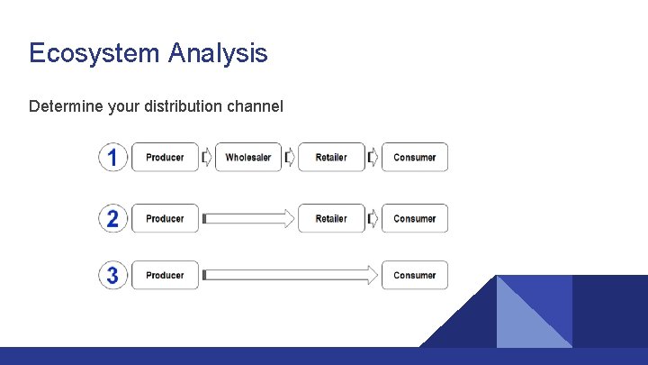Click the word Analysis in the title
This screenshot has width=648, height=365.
pyautogui.click(x=217, y=53)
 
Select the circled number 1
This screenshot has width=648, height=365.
pyautogui.click(x=112, y=158)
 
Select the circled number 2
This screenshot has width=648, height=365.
pyautogui.click(x=112, y=218)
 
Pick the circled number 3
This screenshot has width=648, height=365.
pyautogui.click(x=112, y=275)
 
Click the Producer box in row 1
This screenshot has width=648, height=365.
pyautogui.click(x=165, y=158)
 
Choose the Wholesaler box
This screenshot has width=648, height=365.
pyautogui.click(x=248, y=158)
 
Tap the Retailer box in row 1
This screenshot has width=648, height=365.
pyautogui.click(x=331, y=158)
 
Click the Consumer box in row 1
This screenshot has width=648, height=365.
pyautogui.click(x=415, y=158)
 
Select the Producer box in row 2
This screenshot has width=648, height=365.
pyautogui.click(x=165, y=218)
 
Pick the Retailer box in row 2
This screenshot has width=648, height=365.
pyautogui.click(x=331, y=218)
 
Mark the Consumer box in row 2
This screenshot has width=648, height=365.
pyautogui.click(x=415, y=218)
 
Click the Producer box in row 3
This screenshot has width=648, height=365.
pyautogui.click(x=165, y=275)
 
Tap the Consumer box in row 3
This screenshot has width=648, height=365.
pyautogui.click(x=415, y=275)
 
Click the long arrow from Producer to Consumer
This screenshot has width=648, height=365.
pyautogui.click(x=290, y=275)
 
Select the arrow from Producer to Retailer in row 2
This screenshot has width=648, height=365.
pyautogui.click(x=248, y=218)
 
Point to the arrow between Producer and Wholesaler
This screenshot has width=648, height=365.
pyautogui.click(x=207, y=158)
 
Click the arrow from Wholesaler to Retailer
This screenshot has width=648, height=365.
pyautogui.click(x=290, y=158)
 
